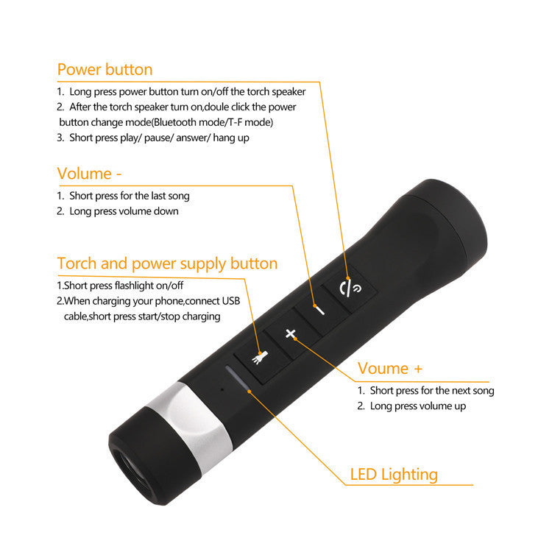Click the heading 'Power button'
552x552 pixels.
pos(105,70)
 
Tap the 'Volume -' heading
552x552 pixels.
pos(89,174)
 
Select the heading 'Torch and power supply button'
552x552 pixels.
pos(167,263)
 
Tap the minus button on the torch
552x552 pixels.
pos(318,309)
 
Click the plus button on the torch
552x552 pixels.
pos(291,334)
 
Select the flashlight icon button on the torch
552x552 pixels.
pos(261,359)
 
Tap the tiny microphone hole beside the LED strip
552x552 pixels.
pos(219,386)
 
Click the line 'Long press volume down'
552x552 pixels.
pos(124,211)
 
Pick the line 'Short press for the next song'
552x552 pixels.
pos(431,391)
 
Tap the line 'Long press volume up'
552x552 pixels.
pos(417,406)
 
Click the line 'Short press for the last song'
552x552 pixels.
pos(129,196)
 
